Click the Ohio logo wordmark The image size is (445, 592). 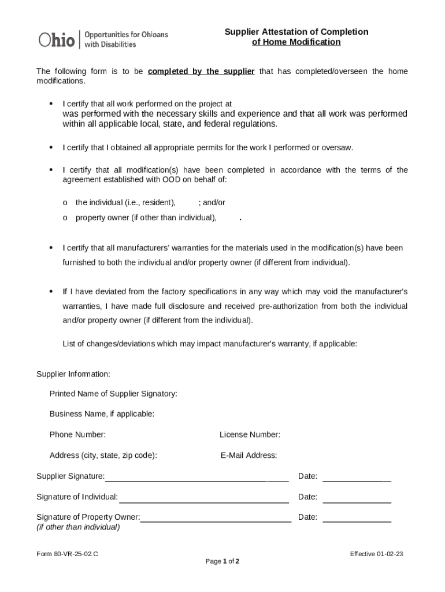pyautogui.click(x=57, y=39)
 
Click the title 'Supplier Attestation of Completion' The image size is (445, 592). pyautogui.click(x=296, y=32)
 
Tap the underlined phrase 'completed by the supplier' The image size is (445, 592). pyautogui.click(x=201, y=72)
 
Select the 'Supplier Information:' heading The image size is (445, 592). pyautogui.click(x=73, y=374)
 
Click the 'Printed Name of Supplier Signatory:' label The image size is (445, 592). pyautogui.click(x=113, y=394)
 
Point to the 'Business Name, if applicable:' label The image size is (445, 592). pyautogui.click(x=102, y=414)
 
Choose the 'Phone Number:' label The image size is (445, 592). pyautogui.click(x=77, y=434)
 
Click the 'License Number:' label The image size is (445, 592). pyautogui.click(x=250, y=434)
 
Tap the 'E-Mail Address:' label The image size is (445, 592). pyautogui.click(x=249, y=455)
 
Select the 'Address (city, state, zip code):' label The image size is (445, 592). pyautogui.click(x=103, y=455)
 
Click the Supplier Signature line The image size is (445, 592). pyautogui.click(x=196, y=479)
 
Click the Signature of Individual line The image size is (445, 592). pyautogui.click(x=203, y=500)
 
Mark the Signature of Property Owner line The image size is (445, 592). pyautogui.click(x=216, y=520)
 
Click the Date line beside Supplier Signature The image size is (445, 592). pyautogui.click(x=357, y=479)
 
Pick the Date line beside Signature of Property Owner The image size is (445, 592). pyautogui.click(x=357, y=520)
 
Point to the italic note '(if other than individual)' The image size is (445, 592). pyautogui.click(x=78, y=527)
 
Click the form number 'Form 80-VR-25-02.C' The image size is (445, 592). pyautogui.click(x=67, y=554)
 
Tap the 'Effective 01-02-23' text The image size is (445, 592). pyautogui.click(x=376, y=554)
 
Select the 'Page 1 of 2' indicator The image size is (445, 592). pyautogui.click(x=222, y=561)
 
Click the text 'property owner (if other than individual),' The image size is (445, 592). pyautogui.click(x=146, y=217)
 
